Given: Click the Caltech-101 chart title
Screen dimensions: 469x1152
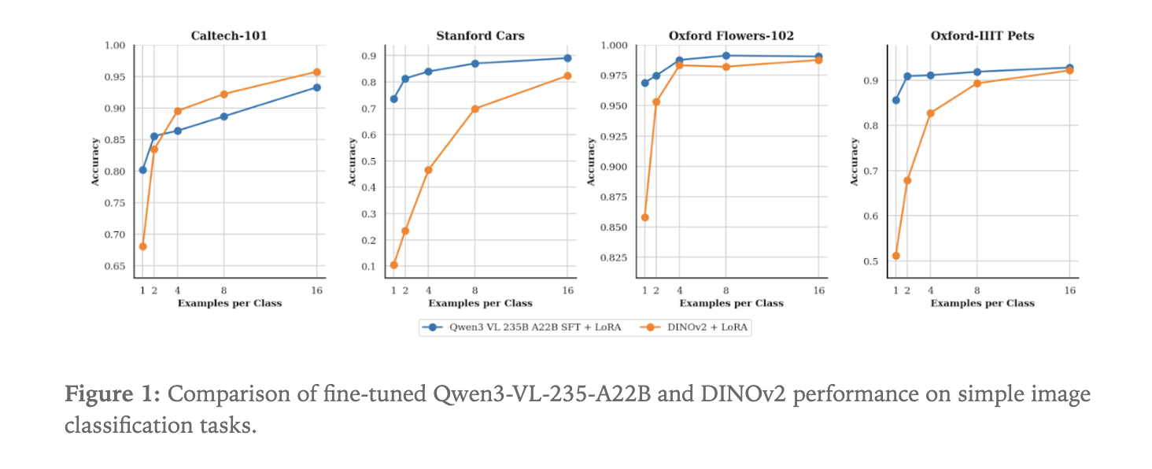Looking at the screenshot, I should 229,35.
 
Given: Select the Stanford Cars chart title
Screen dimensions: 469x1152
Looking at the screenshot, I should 480,35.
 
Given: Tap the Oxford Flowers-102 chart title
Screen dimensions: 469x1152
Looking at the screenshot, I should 731,35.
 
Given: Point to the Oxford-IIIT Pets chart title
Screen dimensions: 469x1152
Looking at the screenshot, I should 982,35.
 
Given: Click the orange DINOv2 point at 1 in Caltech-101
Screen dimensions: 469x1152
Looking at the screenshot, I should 142,246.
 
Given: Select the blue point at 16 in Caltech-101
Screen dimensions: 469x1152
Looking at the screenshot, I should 316,87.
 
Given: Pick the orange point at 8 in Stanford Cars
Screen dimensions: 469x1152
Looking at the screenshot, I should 474,109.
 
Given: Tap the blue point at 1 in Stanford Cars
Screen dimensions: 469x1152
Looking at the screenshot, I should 393,98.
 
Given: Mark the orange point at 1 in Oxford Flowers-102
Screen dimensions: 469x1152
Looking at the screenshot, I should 644,217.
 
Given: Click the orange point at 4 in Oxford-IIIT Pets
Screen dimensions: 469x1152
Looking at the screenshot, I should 930,113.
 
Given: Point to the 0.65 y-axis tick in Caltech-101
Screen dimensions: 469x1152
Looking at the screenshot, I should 115,266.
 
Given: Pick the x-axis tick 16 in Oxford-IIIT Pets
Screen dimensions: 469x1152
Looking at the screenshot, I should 1069,291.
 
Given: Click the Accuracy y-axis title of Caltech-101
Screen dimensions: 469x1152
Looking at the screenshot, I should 95,161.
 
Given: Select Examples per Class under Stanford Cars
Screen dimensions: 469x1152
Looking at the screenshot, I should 480,303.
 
